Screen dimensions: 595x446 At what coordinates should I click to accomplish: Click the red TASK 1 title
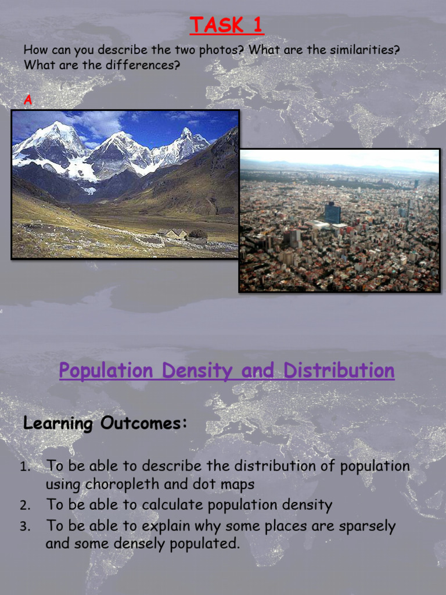[226, 26]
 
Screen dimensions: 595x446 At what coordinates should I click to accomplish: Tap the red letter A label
[27, 101]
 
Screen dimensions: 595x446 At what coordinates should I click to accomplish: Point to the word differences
[142, 65]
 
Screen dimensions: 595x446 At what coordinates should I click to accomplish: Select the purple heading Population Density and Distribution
[226, 371]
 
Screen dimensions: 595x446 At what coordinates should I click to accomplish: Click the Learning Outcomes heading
[105, 423]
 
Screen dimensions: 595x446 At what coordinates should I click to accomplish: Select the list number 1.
[24, 467]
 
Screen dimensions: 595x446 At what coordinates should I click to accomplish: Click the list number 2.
[24, 506]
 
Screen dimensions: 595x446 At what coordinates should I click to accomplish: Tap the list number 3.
[24, 527]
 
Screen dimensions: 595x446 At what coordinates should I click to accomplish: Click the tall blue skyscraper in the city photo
[333, 213]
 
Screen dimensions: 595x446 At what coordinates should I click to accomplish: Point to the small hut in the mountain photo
[174, 234]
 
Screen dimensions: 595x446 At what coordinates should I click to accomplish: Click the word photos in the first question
[217, 50]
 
